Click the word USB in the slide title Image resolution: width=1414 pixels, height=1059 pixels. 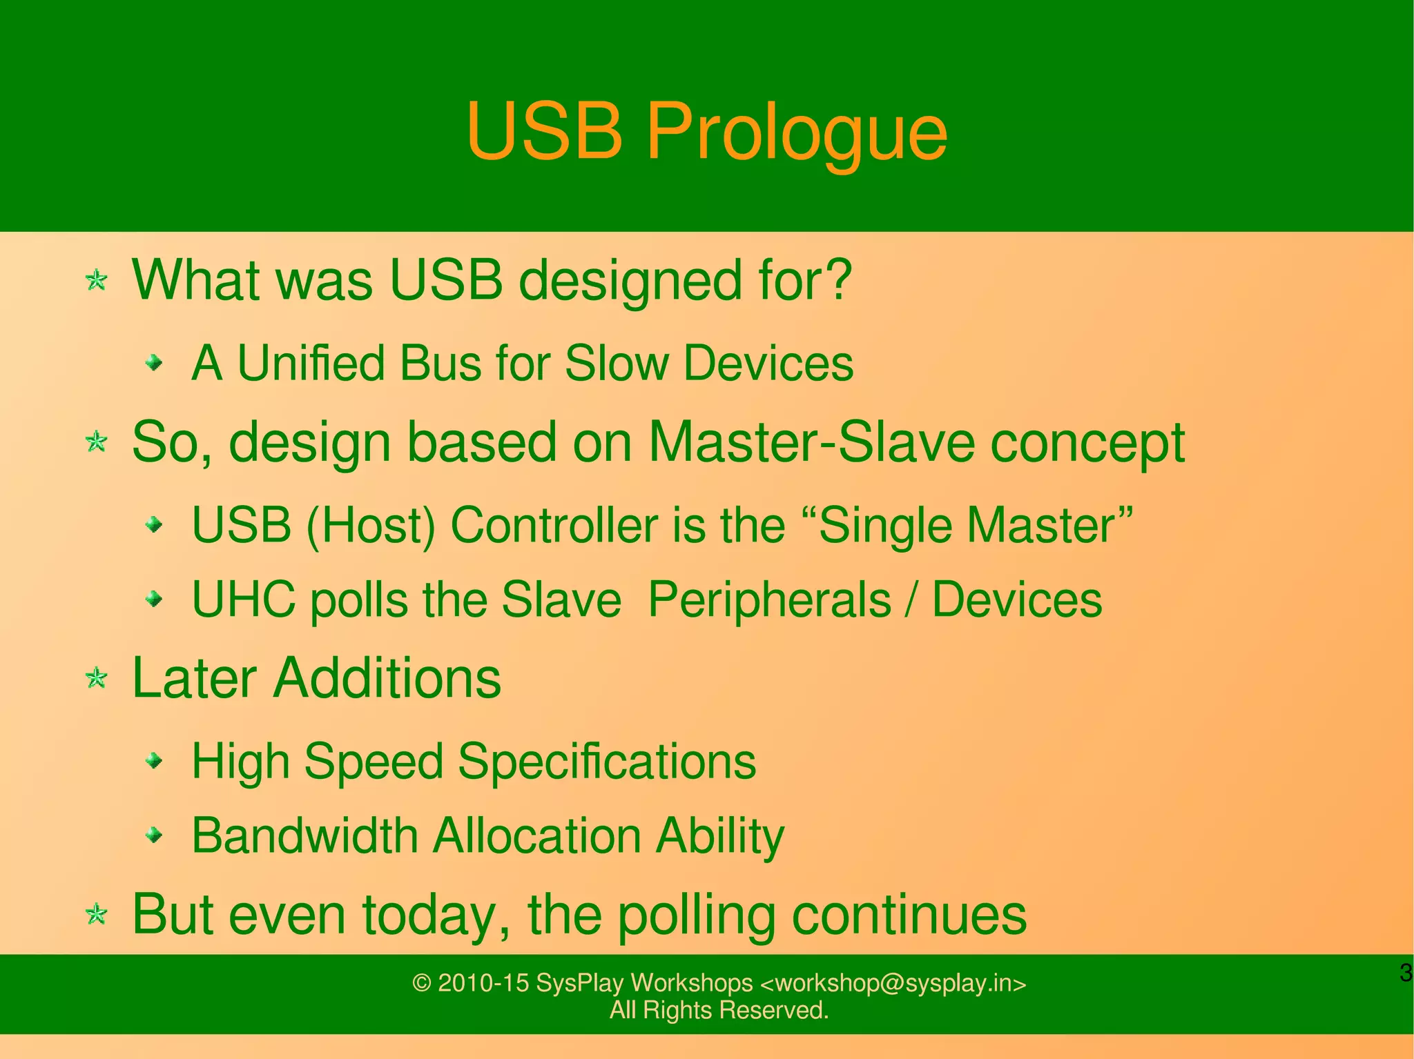tap(545, 131)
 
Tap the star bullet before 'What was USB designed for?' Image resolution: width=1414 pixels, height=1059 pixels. tap(97, 281)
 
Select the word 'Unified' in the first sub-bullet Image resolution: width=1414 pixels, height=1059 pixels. tap(311, 363)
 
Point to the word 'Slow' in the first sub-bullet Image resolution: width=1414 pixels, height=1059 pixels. tap(617, 363)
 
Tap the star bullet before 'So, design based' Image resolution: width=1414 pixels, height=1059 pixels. tap(97, 442)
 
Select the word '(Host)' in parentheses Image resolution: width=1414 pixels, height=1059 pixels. tap(371, 526)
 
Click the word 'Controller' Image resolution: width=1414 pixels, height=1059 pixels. tap(554, 526)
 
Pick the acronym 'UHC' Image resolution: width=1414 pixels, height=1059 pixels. tap(244, 599)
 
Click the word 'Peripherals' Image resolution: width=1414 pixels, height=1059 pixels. tap(769, 599)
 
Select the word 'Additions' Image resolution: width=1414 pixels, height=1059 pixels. tap(387, 678)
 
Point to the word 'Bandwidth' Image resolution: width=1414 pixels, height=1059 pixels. tap(305, 835)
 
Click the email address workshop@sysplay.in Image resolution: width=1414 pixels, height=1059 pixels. tap(892, 983)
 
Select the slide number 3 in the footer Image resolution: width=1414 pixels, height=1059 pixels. tap(1405, 973)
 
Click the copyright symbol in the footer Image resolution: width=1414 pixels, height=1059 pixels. tap(421, 983)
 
